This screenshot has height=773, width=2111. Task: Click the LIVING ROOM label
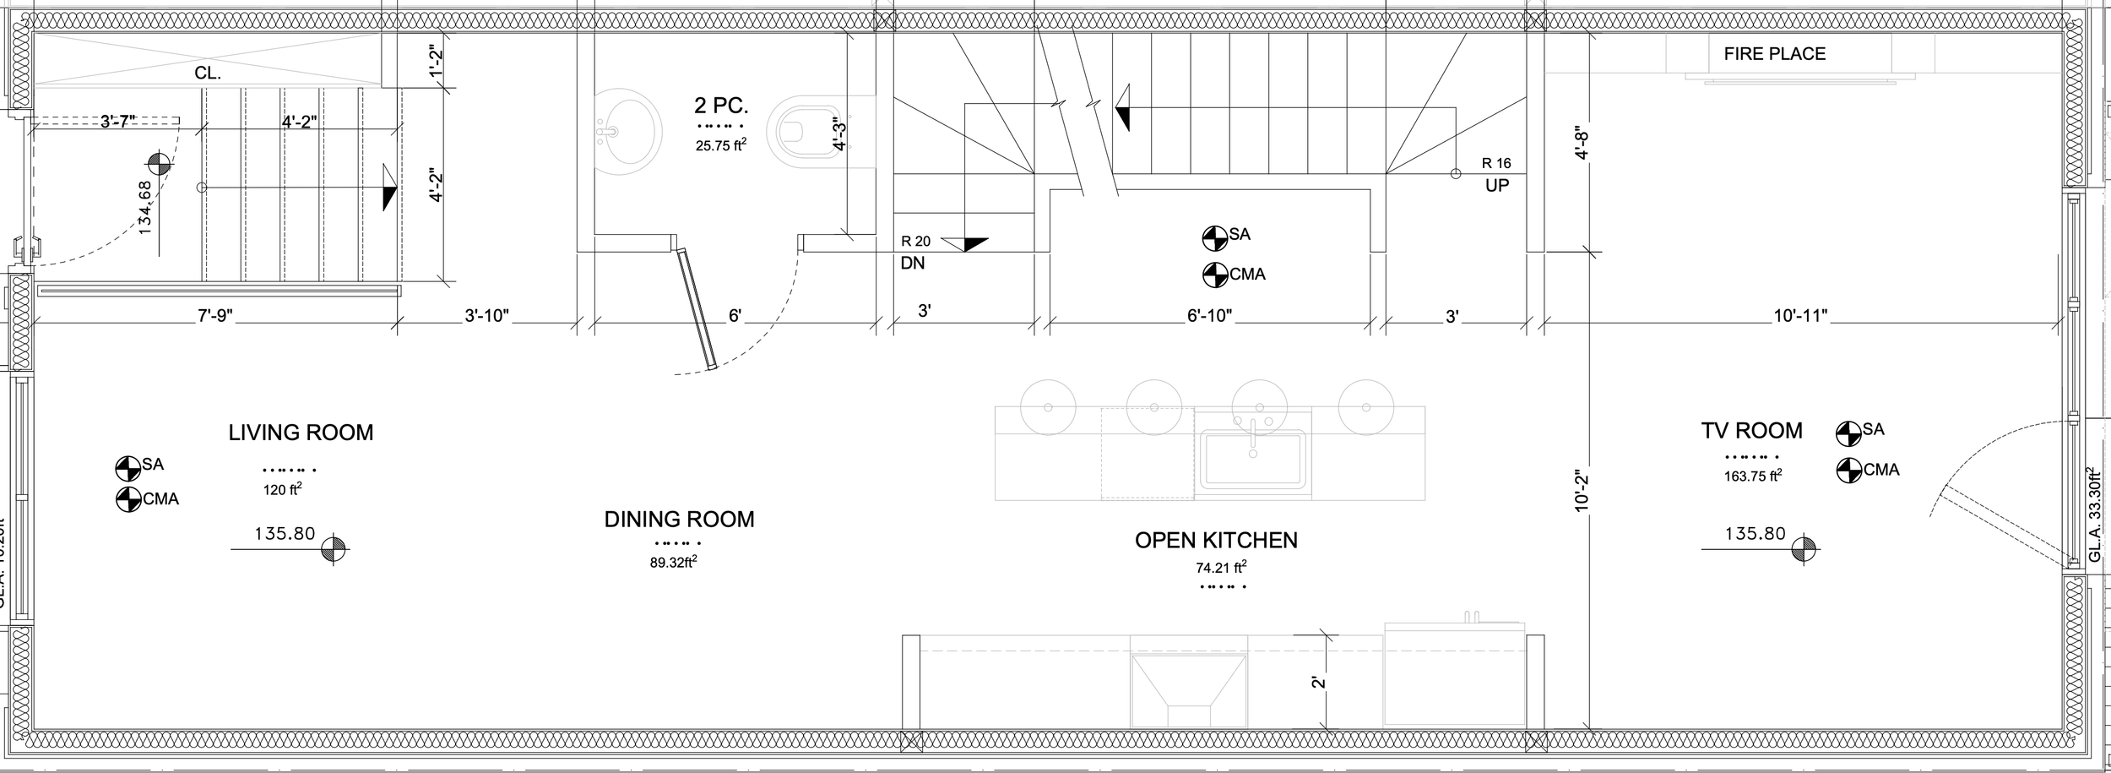pyautogui.click(x=301, y=433)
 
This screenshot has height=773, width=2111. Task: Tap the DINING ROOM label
pyautogui.click(x=679, y=520)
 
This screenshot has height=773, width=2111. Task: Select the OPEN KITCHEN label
pyautogui.click(x=1216, y=541)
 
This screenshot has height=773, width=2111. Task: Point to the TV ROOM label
pyautogui.click(x=1751, y=431)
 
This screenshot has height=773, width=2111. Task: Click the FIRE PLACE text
pyautogui.click(x=1775, y=54)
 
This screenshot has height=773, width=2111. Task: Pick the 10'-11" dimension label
pyautogui.click(x=1800, y=317)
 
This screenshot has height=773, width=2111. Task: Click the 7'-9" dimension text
pyautogui.click(x=215, y=316)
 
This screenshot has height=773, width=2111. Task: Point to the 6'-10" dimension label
pyautogui.click(x=1209, y=317)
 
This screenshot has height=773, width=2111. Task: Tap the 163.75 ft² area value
pyautogui.click(x=1753, y=476)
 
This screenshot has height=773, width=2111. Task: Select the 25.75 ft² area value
pyautogui.click(x=720, y=145)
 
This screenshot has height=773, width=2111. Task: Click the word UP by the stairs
pyautogui.click(x=1496, y=185)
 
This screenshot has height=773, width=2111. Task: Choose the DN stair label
pyautogui.click(x=913, y=264)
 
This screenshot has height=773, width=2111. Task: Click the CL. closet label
pyautogui.click(x=208, y=73)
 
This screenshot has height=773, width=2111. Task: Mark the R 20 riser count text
pyautogui.click(x=915, y=242)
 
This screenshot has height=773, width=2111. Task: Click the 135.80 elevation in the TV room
pyautogui.click(x=1756, y=534)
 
